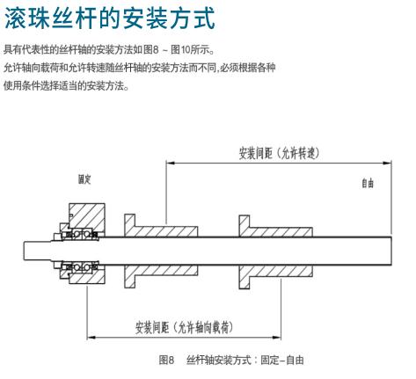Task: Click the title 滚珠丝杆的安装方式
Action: pyautogui.click(x=110, y=18)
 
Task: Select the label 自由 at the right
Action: pyautogui.click(x=368, y=183)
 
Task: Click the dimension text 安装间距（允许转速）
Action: pyautogui.click(x=279, y=153)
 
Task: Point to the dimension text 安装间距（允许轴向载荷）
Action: pyautogui.click(x=184, y=327)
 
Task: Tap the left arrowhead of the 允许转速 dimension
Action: pyautogui.click(x=170, y=163)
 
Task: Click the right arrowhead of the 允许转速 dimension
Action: pyautogui.click(x=387, y=163)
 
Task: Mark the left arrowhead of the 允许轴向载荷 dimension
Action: pyautogui.click(x=91, y=338)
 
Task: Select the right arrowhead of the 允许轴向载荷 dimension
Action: pyautogui.click(x=277, y=338)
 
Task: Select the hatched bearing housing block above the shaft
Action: pyautogui.click(x=87, y=216)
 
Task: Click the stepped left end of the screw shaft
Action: pyautogui.click(x=38, y=251)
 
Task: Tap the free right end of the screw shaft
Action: pyautogui.click(x=390, y=251)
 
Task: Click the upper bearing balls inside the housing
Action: pyautogui.click(x=81, y=235)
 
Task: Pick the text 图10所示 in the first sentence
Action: pyautogui.click(x=193, y=50)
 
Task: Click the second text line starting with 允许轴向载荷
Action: pyautogui.click(x=140, y=68)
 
